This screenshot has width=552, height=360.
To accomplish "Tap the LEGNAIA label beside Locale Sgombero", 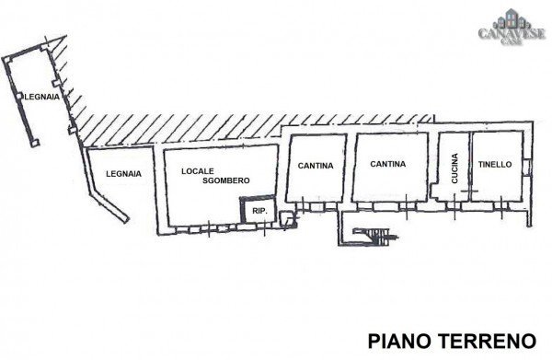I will point(122,173).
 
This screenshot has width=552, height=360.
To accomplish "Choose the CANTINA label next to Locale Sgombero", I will point(316,166).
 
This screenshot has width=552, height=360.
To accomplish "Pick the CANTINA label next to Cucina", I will point(388,165).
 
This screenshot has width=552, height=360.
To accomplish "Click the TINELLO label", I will point(495,165).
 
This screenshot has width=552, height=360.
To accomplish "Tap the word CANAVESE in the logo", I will point(509,34).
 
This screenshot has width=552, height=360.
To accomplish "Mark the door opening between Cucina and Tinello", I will point(469,192).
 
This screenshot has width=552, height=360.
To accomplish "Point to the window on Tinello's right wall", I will point(528,166).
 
